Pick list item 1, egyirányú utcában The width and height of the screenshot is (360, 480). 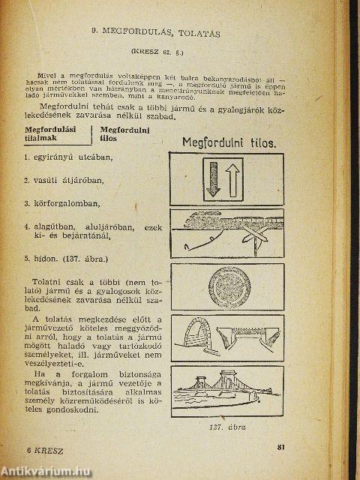pos(67,157)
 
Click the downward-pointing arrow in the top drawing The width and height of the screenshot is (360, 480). pos(214,178)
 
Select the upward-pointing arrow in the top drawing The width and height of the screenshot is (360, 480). pos(235,178)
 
